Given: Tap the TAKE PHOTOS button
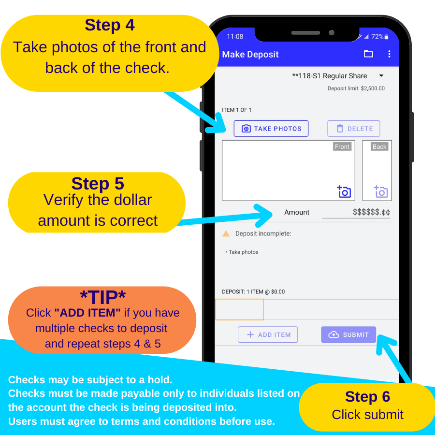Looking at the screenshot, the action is [271, 129].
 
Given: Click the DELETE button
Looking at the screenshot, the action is [353, 129].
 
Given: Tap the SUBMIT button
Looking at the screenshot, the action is [348, 334].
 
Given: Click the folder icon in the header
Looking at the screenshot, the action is [368, 54].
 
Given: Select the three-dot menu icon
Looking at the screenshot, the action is [389, 54].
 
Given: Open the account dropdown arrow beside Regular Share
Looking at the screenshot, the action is [381, 76].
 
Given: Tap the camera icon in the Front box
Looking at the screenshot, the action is [344, 191].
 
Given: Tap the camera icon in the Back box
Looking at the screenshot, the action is [381, 191].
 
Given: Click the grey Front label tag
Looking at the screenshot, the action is [342, 146].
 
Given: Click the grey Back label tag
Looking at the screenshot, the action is [379, 146].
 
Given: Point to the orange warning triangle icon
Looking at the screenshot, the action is [226, 233].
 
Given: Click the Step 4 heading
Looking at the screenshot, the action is [110, 25].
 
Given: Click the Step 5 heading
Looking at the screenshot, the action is [98, 183].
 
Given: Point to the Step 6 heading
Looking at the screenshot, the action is [367, 396].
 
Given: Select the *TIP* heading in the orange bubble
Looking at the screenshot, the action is [102, 297].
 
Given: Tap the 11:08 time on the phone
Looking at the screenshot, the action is [235, 37].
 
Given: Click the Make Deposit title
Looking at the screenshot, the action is [250, 54].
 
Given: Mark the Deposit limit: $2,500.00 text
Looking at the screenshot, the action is [356, 88].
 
